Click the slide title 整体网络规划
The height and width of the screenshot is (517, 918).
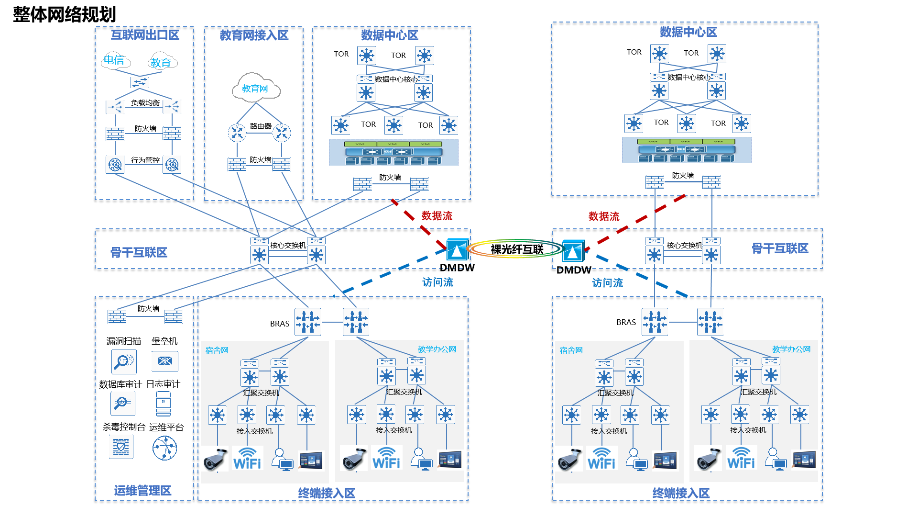coord(64,14)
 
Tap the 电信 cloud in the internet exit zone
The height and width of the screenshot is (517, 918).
coord(115,60)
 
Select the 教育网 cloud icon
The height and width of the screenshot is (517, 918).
coord(255,88)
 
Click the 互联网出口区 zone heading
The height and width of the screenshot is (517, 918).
coord(145,35)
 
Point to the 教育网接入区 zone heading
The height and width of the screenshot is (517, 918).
coord(254,35)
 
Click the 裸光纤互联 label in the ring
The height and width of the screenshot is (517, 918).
coord(517,249)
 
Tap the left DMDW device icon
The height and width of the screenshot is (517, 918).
coord(457,249)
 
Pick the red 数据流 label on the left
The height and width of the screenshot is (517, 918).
coord(437,216)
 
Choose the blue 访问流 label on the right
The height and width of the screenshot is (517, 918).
coord(607,283)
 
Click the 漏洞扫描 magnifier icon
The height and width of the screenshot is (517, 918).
coord(124,361)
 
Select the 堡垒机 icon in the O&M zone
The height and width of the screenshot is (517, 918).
coord(164,361)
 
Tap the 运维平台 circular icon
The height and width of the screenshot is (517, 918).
coord(164,449)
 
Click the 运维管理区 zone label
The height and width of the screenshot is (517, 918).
coord(142,490)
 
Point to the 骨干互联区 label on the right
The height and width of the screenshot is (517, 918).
coord(779,248)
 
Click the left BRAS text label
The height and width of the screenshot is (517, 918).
coord(280,324)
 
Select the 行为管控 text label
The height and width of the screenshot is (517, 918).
coord(145,160)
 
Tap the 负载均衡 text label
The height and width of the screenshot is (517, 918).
coord(145,103)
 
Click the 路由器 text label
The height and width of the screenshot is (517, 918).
coord(261,126)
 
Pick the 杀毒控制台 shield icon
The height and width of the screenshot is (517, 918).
coord(121,448)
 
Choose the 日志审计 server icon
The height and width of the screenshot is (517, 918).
coord(163,404)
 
